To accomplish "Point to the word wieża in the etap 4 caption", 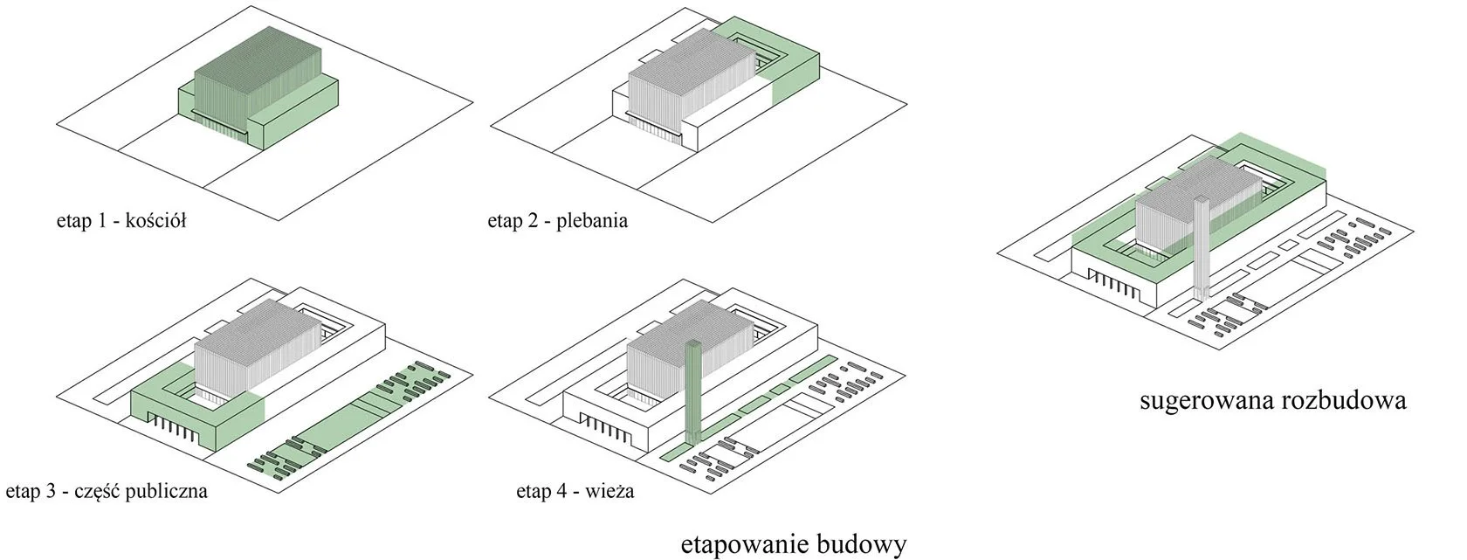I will coord(610,492).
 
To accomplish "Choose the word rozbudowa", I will coord(1345,401).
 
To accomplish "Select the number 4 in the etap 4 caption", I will coord(558,492).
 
